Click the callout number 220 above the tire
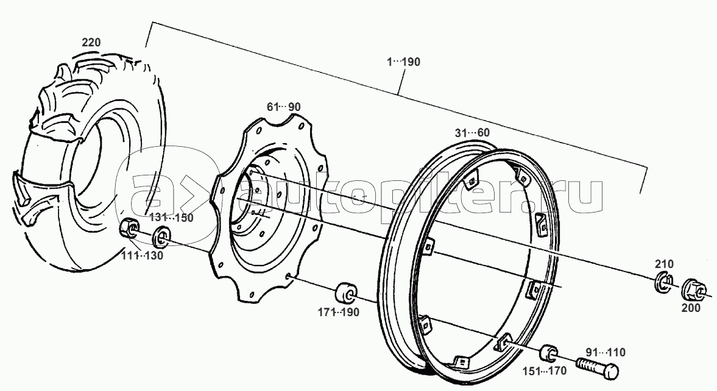click(91, 43)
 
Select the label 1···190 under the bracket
click(403, 62)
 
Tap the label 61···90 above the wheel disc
click(283, 107)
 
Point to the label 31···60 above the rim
click(472, 133)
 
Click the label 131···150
click(172, 217)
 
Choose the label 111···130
click(142, 256)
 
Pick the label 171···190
click(338, 312)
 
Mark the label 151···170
click(544, 370)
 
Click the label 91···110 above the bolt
click(605, 353)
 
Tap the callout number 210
click(664, 264)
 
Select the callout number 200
click(690, 308)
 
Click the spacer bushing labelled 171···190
click(347, 294)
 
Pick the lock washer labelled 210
click(663, 283)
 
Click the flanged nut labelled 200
click(694, 289)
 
